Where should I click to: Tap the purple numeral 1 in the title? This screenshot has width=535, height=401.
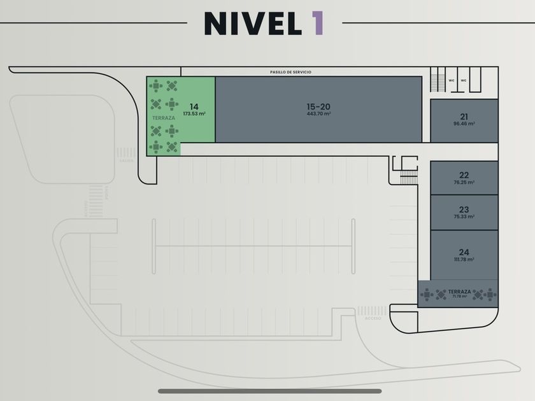317,24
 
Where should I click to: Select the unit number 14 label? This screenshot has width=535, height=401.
194,106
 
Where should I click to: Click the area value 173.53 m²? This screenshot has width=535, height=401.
194,114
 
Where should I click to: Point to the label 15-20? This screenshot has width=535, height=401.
318,106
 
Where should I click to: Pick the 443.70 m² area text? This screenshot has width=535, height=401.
318,114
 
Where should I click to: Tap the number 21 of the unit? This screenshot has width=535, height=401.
464,116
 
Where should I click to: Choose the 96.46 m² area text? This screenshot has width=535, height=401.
464,124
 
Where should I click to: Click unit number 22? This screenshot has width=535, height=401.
464,174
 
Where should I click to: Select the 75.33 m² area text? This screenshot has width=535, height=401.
464,217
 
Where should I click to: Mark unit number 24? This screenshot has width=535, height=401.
464,251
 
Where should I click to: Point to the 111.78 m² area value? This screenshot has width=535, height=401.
464,260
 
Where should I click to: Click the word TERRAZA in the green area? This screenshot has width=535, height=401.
164,118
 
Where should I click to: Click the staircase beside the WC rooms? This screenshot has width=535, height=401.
438,81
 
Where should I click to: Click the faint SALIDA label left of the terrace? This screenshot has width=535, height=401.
125,162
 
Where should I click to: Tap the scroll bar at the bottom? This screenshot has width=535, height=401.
269,391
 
